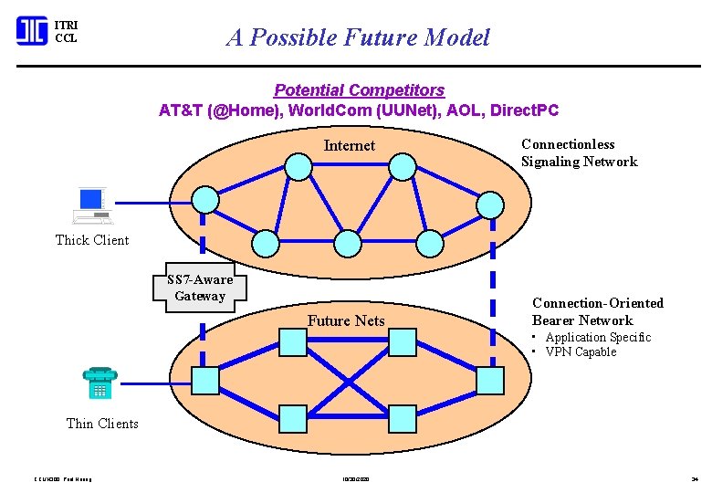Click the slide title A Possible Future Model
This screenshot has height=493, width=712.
(358, 37)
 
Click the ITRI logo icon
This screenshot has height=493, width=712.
(31, 31)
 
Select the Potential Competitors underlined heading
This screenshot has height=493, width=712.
(359, 90)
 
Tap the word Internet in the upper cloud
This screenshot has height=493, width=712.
(349, 146)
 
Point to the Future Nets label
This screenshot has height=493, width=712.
(346, 320)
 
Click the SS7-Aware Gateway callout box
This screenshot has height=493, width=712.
(200, 288)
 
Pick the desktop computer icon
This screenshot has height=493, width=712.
(92, 205)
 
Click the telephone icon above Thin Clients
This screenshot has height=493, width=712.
(99, 383)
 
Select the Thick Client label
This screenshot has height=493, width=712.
(92, 240)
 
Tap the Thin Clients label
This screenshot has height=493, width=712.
(102, 424)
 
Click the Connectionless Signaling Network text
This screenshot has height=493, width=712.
(579, 152)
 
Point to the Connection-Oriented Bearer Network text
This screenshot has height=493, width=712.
(597, 311)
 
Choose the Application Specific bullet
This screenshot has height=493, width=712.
(598, 337)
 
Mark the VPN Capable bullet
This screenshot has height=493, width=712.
(581, 352)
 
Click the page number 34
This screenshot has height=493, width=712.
(693, 478)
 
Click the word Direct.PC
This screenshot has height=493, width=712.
(524, 110)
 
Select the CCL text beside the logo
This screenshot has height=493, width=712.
(66, 39)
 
